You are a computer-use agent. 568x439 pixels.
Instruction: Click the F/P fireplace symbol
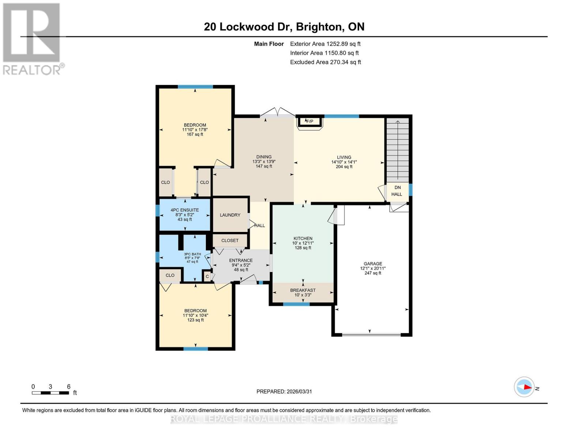click(x=310, y=121)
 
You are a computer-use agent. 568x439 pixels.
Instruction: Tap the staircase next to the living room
click(x=398, y=150)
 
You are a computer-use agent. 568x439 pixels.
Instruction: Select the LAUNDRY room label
click(x=230, y=215)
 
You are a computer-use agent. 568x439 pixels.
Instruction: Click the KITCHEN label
click(x=303, y=239)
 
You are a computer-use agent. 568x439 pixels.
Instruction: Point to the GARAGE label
click(x=373, y=264)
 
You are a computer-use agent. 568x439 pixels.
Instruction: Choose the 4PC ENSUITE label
click(x=185, y=210)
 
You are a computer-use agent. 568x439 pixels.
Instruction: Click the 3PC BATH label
click(x=192, y=254)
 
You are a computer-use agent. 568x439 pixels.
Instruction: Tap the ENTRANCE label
click(x=241, y=260)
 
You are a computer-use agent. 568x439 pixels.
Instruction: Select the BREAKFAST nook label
click(x=303, y=290)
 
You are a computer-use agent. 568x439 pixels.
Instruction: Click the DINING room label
click(x=264, y=157)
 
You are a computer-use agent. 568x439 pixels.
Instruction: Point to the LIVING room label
click(x=344, y=157)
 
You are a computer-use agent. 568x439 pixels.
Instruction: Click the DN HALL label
click(x=397, y=191)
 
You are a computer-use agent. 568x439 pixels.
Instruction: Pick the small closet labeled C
click(x=207, y=277)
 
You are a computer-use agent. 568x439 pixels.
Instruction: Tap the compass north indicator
click(x=524, y=387)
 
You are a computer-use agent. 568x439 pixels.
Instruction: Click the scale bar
click(x=50, y=393)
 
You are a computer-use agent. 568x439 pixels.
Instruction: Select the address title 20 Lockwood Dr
click(x=284, y=27)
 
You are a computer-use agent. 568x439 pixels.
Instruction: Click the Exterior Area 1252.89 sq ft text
click(x=325, y=44)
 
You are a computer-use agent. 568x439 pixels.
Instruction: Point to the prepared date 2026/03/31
click(x=284, y=391)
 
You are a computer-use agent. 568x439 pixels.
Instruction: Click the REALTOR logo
click(x=32, y=38)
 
